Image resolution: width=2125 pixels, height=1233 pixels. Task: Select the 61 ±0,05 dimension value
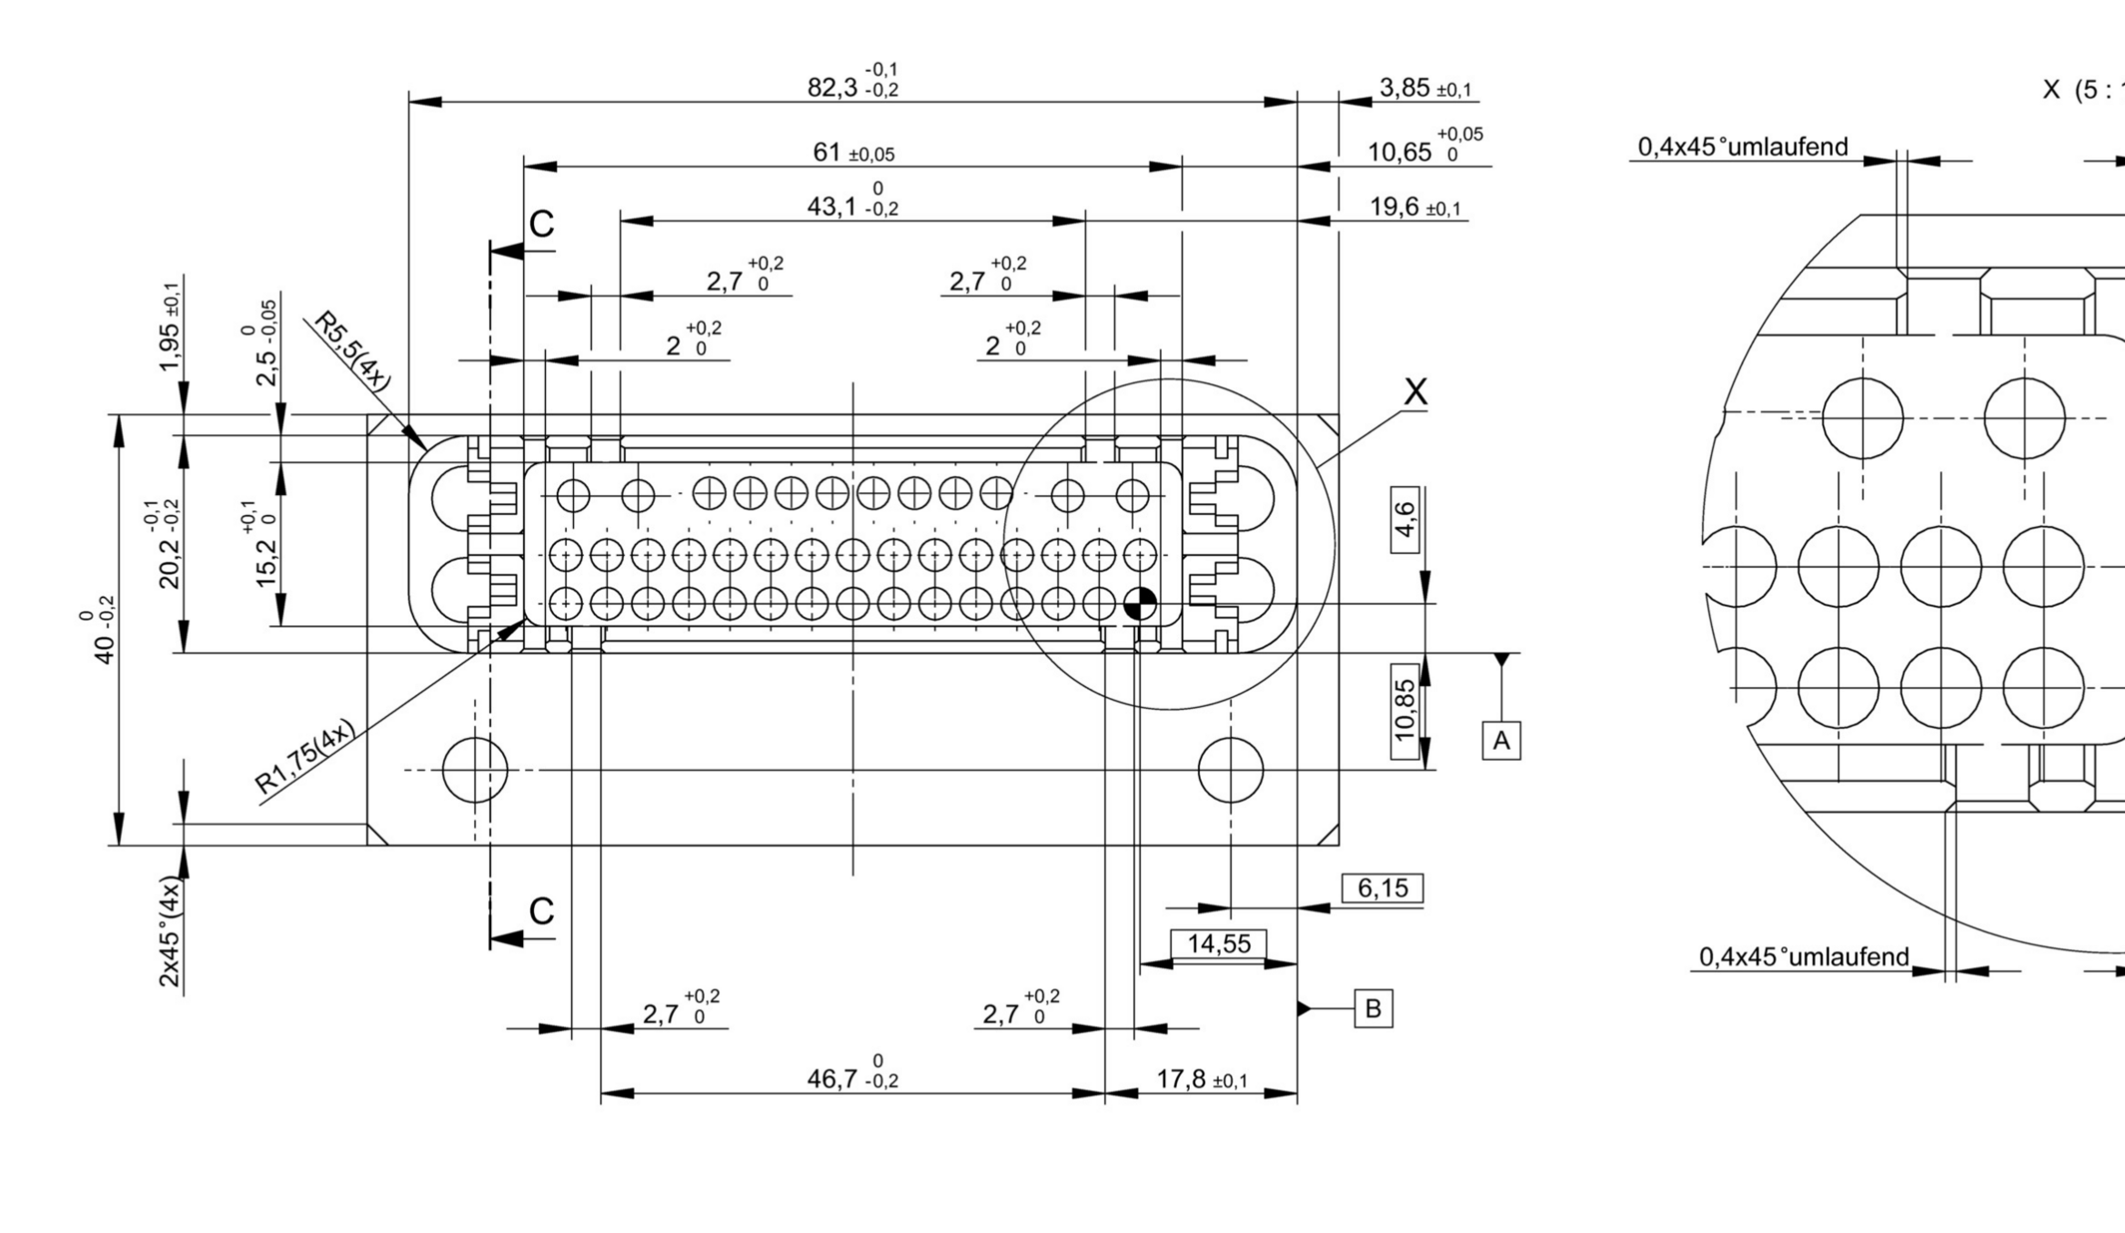[853, 153]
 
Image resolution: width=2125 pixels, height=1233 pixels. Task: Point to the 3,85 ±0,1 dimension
[1425, 88]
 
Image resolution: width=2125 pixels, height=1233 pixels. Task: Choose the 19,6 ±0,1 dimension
[1415, 207]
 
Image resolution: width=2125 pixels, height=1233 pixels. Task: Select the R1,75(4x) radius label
[304, 757]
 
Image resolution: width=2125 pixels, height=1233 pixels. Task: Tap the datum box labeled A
[1501, 740]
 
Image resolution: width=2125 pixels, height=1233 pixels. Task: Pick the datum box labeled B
[1373, 1008]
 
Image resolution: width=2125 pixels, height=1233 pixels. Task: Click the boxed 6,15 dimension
[1382, 888]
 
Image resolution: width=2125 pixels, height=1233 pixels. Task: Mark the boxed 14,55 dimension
[1218, 944]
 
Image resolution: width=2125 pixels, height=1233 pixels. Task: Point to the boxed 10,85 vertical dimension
[1405, 710]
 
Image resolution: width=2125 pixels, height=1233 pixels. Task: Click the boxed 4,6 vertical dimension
[1405, 520]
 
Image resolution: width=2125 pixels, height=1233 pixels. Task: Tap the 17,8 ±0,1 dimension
[1201, 1079]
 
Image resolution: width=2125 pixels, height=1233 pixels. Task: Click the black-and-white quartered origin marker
[1140, 603]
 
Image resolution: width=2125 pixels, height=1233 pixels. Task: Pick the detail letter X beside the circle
[1415, 392]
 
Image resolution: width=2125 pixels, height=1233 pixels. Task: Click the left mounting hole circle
[475, 770]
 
